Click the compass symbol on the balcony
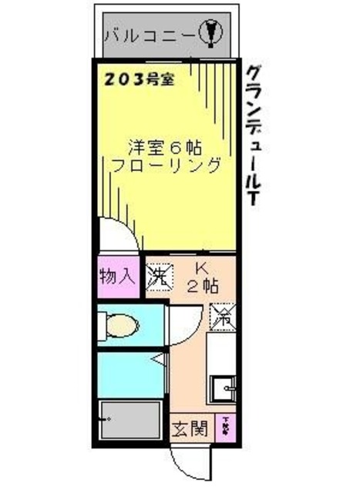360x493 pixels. coord(212,33)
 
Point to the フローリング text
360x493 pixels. coord(167,166)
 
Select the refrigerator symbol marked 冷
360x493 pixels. coord(223,314)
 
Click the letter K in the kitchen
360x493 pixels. coord(201,269)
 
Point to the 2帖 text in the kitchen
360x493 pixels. coord(202,287)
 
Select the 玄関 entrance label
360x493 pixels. coord(190,428)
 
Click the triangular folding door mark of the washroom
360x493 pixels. coord(157,360)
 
